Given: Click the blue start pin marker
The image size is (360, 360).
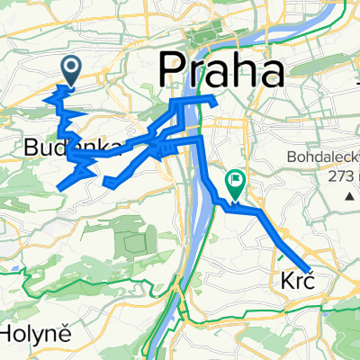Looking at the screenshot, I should point(70,68).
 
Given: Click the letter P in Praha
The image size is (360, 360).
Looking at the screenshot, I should point(174,69).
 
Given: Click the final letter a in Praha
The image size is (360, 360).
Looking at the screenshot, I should point(271,72).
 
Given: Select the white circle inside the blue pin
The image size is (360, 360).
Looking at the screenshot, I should point(70,64).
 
